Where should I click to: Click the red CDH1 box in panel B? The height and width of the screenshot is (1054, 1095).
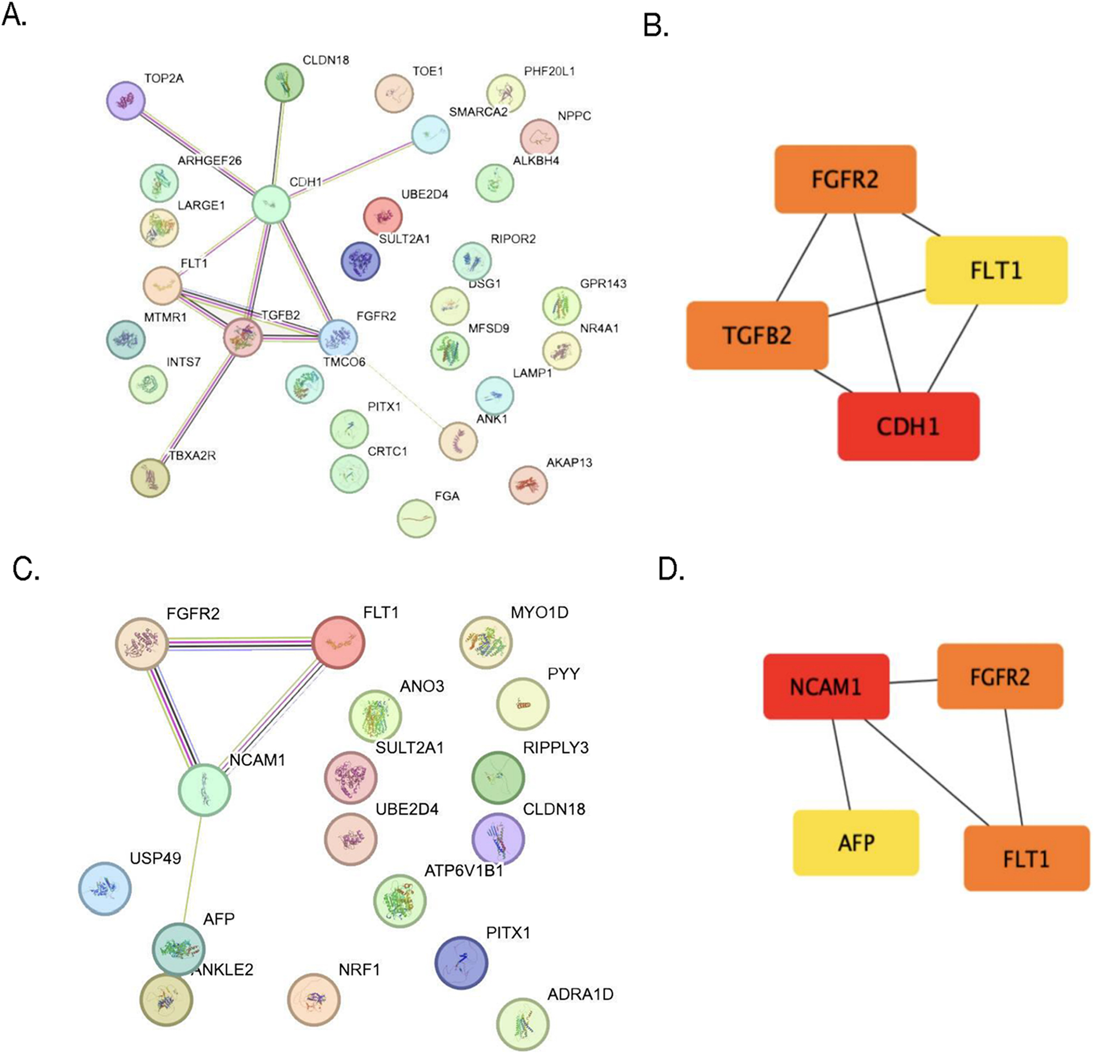pyautogui.click(x=908, y=426)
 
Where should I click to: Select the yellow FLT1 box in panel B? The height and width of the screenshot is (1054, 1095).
pyautogui.click(x=996, y=270)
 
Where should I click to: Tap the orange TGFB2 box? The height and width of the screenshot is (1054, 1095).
pyautogui.click(x=756, y=335)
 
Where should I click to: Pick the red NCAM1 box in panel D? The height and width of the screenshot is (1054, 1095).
pyautogui.click(x=826, y=686)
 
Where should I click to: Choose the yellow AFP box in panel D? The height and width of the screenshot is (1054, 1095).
pyautogui.click(x=856, y=842)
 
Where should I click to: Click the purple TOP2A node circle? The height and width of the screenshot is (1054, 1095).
pyautogui.click(x=126, y=101)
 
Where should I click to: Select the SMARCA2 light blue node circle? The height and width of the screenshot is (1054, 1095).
pyautogui.click(x=430, y=135)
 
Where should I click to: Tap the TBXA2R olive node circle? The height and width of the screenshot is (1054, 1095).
pyautogui.click(x=150, y=478)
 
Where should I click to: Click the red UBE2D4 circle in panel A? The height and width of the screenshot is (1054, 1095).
pyautogui.click(x=383, y=216)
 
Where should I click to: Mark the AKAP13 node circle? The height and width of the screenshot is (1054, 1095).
pyautogui.click(x=528, y=485)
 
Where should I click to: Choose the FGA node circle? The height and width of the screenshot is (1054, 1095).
pyautogui.click(x=416, y=518)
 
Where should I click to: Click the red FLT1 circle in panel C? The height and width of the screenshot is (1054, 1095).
pyautogui.click(x=338, y=642)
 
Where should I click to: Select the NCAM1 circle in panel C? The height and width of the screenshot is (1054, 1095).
pyautogui.click(x=204, y=790)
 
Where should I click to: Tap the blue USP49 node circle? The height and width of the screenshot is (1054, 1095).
pyautogui.click(x=105, y=889)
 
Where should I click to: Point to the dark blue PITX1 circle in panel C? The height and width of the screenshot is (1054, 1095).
pyautogui.click(x=461, y=963)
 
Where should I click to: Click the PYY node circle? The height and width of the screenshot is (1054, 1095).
pyautogui.click(x=523, y=704)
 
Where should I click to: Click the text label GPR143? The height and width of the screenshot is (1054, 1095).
pyautogui.click(x=603, y=283)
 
